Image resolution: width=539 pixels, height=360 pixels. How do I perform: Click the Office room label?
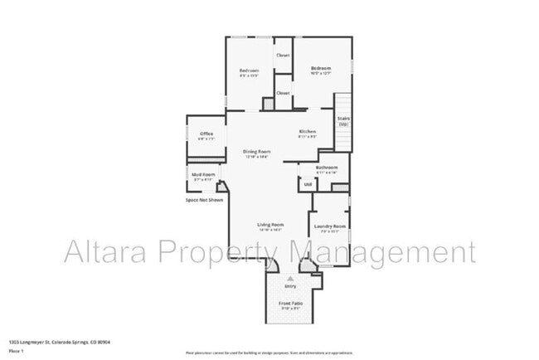click(206, 134)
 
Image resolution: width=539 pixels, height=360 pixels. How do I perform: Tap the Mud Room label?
click(204, 174)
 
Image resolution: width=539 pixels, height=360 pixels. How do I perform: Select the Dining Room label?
click(257, 151)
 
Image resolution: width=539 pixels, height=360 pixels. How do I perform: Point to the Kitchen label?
click(308, 132)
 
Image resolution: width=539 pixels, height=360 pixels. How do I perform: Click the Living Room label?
click(270, 225)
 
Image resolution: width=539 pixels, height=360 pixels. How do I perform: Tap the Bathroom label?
click(327, 168)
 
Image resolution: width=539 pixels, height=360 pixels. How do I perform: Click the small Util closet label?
click(307, 184)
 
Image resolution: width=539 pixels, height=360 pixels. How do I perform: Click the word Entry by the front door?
click(290, 287)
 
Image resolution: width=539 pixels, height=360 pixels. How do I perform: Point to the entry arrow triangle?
click(290, 280)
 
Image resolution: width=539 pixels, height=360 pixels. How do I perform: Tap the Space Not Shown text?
click(204, 200)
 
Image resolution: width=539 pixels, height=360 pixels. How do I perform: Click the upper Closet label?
click(283, 56)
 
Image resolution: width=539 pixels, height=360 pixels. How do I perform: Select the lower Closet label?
click(283, 93)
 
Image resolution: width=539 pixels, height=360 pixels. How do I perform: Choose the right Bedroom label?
click(321, 68)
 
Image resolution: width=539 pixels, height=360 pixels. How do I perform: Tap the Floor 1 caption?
click(17, 351)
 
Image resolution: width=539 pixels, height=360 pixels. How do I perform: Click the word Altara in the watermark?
click(103, 251)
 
